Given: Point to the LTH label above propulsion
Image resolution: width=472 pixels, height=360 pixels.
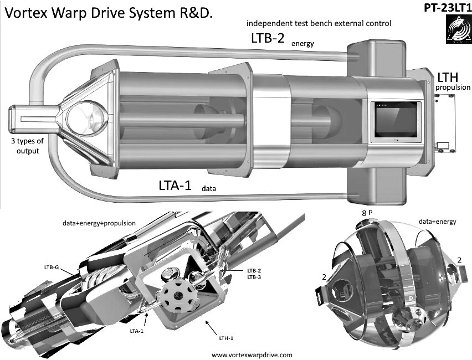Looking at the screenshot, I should (x=448, y=77).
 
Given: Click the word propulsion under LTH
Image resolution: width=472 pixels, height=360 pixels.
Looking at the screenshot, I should (x=453, y=88).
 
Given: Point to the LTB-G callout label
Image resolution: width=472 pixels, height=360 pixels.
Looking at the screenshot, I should (x=52, y=267).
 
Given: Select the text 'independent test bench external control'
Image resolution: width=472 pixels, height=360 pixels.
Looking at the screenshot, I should (x=319, y=23).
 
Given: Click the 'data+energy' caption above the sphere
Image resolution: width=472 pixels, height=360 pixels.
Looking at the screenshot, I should (x=437, y=222).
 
